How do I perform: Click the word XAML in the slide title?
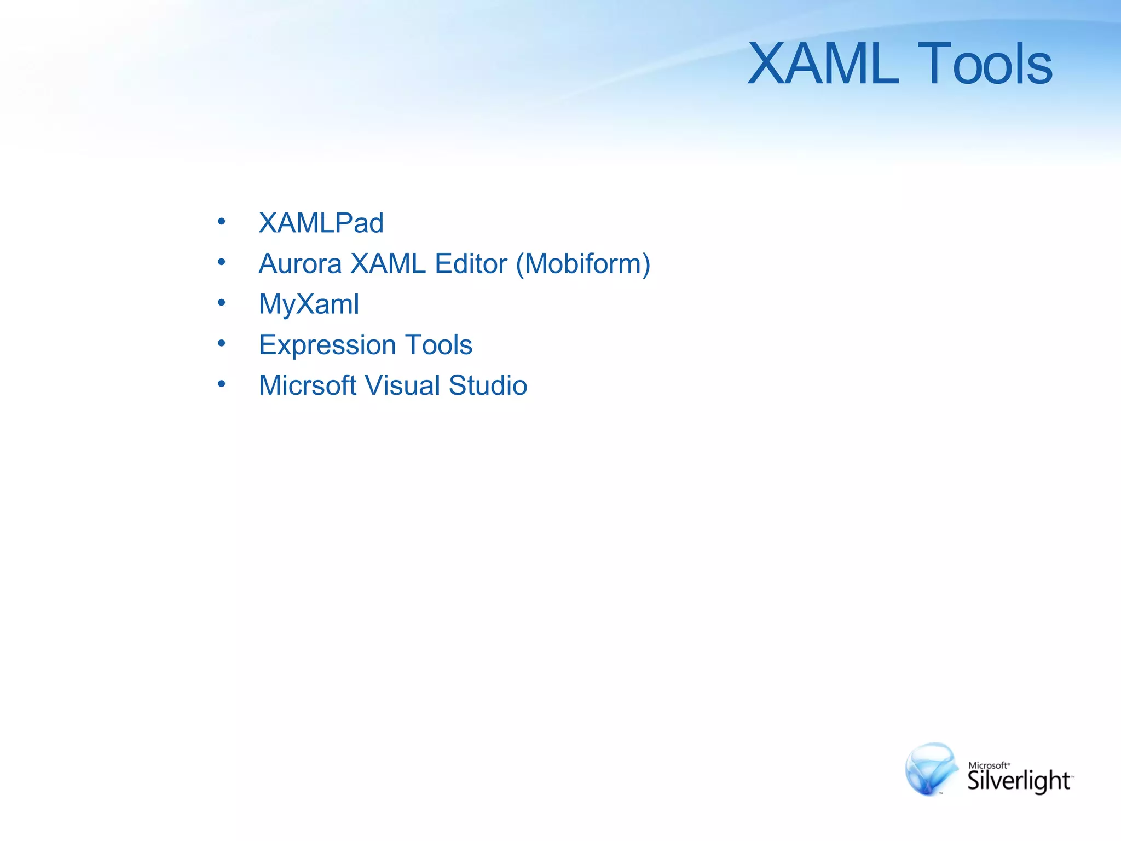(x=823, y=65)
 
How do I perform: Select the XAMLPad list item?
(x=321, y=223)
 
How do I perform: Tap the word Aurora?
(x=300, y=263)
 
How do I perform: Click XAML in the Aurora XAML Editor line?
(x=388, y=263)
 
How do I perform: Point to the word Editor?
(x=471, y=263)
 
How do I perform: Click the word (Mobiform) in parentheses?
(x=583, y=263)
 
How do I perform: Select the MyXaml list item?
(x=309, y=304)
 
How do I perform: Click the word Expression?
(x=327, y=345)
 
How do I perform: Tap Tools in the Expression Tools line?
(x=439, y=345)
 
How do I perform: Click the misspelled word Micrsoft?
(x=308, y=385)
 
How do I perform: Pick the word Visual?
(x=402, y=385)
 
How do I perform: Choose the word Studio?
(x=488, y=385)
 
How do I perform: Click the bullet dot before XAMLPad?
(x=221, y=221)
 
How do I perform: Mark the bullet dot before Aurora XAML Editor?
(x=221, y=262)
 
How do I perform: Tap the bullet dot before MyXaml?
(x=221, y=302)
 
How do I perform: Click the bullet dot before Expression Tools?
(x=221, y=343)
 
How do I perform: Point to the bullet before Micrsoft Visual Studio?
(x=221, y=384)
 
